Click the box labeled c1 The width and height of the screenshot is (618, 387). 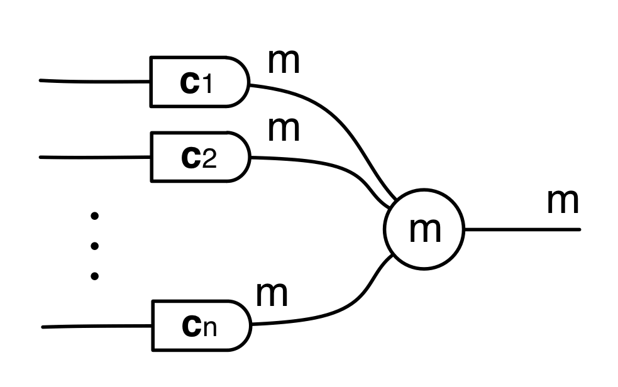point(199,82)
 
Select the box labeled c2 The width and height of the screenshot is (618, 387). point(199,157)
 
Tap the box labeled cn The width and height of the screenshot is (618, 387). point(200,325)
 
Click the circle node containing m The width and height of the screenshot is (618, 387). point(424,229)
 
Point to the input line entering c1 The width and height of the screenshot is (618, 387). point(94,81)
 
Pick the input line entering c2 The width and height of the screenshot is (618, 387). point(94,156)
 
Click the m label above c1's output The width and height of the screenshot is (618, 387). point(284,61)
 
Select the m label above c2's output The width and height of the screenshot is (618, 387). point(284,129)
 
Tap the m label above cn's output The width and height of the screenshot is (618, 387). point(272,293)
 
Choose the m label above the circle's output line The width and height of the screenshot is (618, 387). point(562,201)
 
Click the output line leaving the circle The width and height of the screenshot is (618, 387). point(522,229)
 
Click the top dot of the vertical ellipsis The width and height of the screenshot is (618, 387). point(95,217)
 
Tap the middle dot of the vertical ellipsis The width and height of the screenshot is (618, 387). point(95,246)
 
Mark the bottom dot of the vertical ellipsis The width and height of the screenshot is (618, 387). point(95,275)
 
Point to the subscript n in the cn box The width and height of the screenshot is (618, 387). point(210,329)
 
